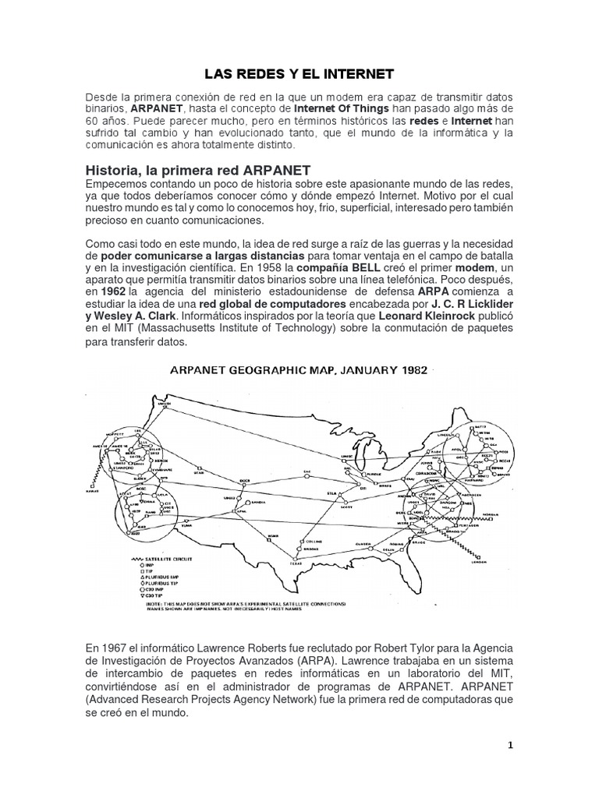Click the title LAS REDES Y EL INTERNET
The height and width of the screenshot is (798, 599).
tap(299, 74)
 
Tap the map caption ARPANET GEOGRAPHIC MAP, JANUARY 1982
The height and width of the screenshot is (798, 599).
tap(299, 371)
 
